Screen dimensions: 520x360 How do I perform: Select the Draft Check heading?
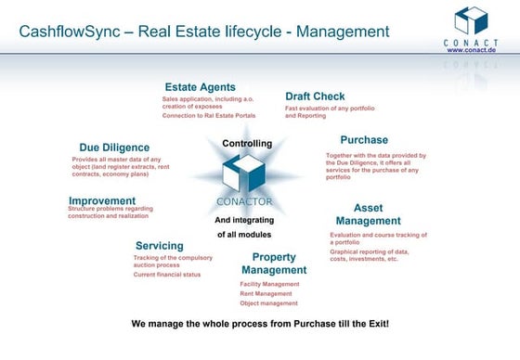point(316,96)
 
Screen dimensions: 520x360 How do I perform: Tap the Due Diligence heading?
point(113,147)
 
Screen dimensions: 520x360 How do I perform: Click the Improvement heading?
point(104,199)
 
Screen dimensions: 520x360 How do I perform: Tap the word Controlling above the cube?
point(247,143)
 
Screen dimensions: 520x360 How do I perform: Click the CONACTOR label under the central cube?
point(244,201)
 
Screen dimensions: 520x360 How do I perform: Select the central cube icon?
point(244,174)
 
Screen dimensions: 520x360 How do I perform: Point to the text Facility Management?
point(269,284)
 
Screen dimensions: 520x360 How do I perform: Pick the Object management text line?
point(269,303)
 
